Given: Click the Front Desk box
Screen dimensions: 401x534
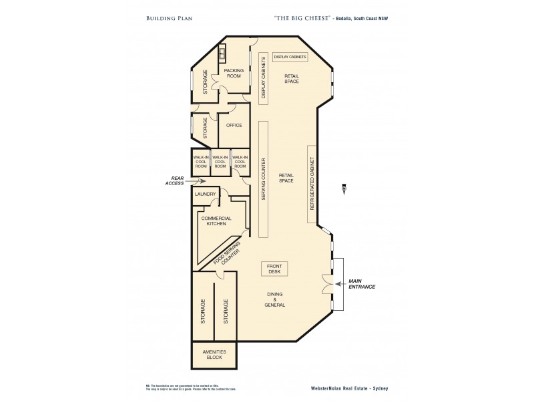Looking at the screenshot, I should point(274,269).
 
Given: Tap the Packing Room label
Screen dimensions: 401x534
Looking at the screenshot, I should point(233,73).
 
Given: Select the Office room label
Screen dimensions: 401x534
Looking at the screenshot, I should point(234,125).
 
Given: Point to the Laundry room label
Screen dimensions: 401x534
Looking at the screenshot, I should point(204,194).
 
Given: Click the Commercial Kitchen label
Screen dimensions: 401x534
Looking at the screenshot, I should point(216,221).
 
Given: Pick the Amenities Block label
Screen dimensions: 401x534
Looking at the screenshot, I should point(215,355).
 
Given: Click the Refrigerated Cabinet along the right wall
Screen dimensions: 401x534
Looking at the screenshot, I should point(311,184).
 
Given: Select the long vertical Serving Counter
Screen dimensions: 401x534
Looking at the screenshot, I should point(264,179).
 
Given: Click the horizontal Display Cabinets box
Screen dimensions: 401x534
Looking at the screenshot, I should point(290,57).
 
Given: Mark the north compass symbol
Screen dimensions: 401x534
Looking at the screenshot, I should point(343,187).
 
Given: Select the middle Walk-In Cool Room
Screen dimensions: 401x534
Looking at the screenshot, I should point(220,161).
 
